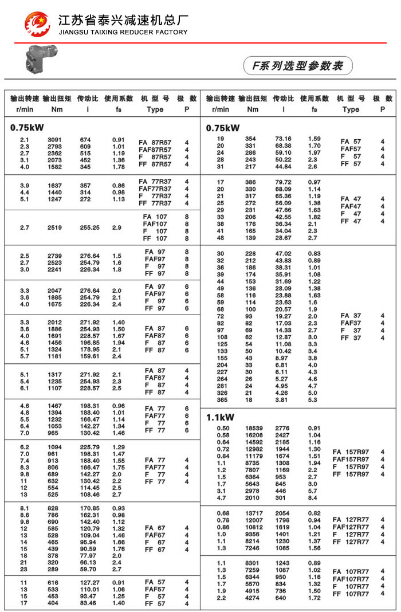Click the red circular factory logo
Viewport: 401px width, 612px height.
point(37,24)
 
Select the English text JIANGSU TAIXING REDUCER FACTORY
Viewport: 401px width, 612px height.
point(123,33)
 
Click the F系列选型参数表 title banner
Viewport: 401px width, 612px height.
point(297,66)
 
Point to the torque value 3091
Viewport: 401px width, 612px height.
point(54,140)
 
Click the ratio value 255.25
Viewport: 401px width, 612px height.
point(89,227)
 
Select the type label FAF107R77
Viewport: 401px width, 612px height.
point(351,579)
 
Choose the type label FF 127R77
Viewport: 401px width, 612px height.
point(351,542)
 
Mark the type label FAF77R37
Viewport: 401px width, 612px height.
point(155,189)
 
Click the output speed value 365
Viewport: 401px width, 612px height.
point(221,401)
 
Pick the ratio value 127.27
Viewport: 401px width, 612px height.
point(89,582)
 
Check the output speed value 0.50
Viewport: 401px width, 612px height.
point(221,429)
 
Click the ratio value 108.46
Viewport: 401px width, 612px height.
point(89,495)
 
